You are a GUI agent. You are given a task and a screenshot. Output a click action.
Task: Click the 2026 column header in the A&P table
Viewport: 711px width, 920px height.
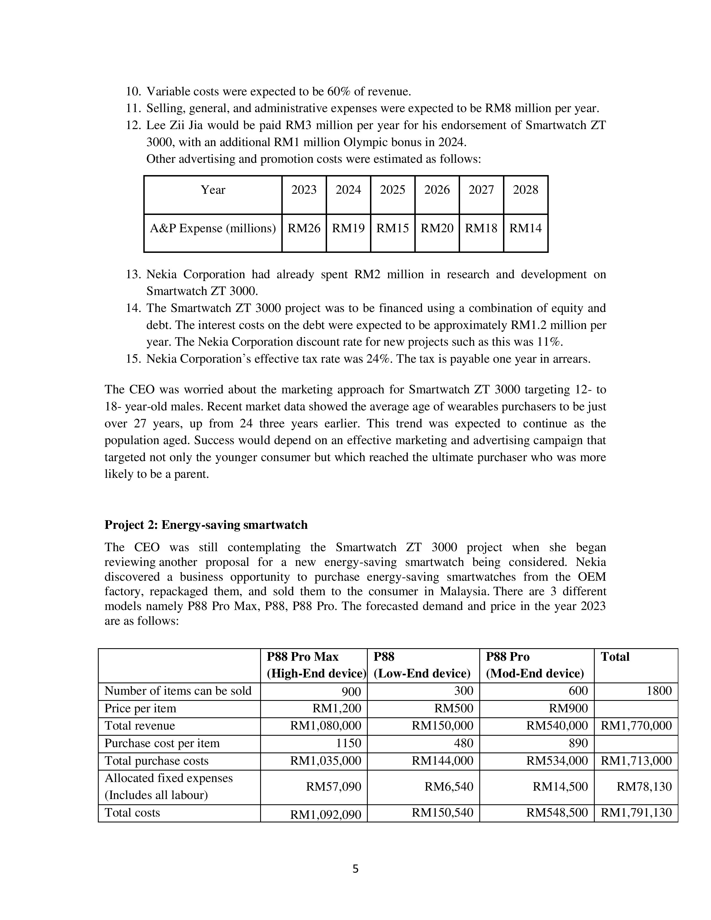pyautogui.click(x=437, y=190)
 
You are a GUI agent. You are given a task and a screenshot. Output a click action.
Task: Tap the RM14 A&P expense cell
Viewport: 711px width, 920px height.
pyautogui.click(x=525, y=228)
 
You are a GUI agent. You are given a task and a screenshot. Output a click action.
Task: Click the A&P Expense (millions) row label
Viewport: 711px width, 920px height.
pyautogui.click(x=213, y=228)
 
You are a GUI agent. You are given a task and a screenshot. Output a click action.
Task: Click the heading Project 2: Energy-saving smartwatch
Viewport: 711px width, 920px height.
pyautogui.click(x=206, y=525)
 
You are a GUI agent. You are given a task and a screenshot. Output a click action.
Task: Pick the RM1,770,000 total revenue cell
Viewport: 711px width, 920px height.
pyautogui.click(x=636, y=725)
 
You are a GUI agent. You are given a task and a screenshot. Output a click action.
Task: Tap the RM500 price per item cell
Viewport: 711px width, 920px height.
pyautogui.click(x=454, y=708)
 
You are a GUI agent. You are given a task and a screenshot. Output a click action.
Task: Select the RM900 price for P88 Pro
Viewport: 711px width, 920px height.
pyautogui.click(x=568, y=708)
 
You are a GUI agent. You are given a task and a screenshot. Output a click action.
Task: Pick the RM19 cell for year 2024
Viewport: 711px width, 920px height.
pyautogui.click(x=348, y=228)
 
